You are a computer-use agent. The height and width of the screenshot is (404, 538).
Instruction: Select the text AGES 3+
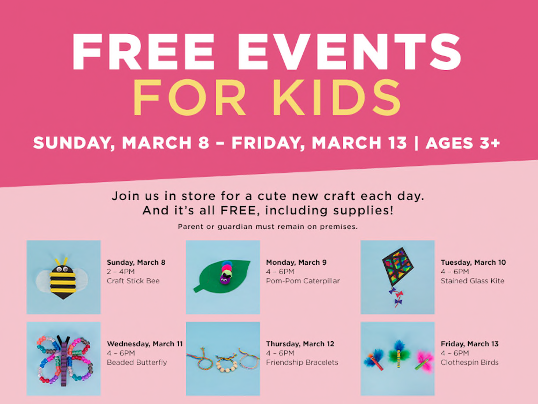pyautogui.click(x=463, y=143)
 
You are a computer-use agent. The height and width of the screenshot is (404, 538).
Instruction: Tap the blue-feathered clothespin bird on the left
pyautogui.click(x=375, y=360)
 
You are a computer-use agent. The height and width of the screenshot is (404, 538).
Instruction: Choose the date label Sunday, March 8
pyautogui.click(x=136, y=262)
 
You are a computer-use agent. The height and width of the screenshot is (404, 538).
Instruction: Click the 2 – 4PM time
pyautogui.click(x=121, y=272)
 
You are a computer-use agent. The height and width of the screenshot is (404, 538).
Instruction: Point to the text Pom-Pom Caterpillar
pyautogui.click(x=303, y=281)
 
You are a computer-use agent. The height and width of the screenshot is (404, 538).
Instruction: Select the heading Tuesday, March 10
pyautogui.click(x=473, y=262)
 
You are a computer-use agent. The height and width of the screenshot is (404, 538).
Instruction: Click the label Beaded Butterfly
pyautogui.click(x=137, y=362)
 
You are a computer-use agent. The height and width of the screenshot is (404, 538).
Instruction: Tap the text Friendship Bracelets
pyautogui.click(x=302, y=362)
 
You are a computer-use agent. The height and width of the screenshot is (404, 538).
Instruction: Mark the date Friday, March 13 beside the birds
pyautogui.click(x=470, y=344)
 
